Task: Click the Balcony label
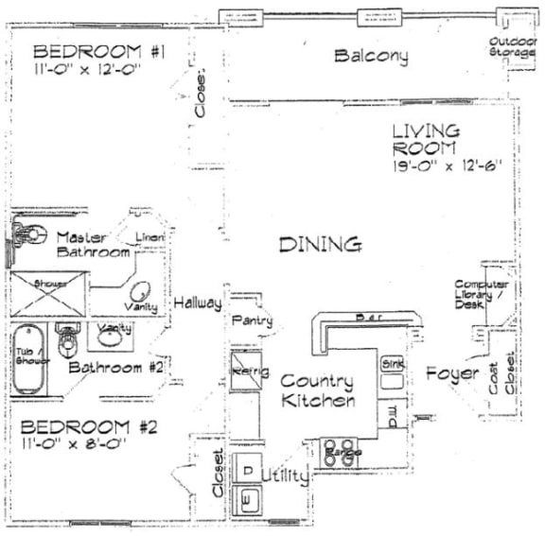click(x=371, y=56)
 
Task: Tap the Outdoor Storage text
click(x=513, y=46)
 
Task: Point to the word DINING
click(x=320, y=245)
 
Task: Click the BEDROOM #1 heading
click(x=99, y=51)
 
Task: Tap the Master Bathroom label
click(x=92, y=245)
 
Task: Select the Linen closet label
click(x=150, y=236)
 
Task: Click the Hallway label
click(x=197, y=303)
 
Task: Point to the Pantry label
click(x=253, y=321)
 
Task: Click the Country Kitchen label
click(x=317, y=391)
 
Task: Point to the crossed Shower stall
click(x=48, y=296)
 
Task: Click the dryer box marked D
click(x=247, y=470)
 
